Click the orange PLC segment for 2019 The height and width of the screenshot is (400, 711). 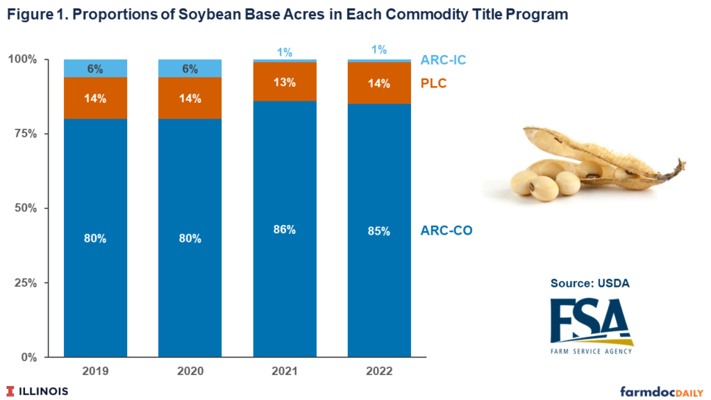[x=95, y=98]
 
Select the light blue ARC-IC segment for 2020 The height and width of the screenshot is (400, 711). [x=190, y=68]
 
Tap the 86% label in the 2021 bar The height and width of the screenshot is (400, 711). [x=285, y=230]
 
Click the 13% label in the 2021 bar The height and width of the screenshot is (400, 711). [x=285, y=82]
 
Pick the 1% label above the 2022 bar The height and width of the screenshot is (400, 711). [x=379, y=50]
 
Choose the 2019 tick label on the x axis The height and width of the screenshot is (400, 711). [x=95, y=372]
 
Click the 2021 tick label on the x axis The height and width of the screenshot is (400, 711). [x=285, y=372]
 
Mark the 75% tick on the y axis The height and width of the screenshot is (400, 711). [x=27, y=133]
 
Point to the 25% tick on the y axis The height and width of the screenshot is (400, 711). [x=27, y=283]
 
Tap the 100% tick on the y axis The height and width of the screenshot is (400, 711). [x=25, y=59]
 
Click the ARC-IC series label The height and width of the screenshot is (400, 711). [x=443, y=60]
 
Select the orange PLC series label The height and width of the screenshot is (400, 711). [x=433, y=83]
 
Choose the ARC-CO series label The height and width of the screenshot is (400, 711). [x=446, y=231]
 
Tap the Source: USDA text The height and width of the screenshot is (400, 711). [x=589, y=283]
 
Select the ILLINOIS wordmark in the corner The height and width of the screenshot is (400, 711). [x=38, y=391]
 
